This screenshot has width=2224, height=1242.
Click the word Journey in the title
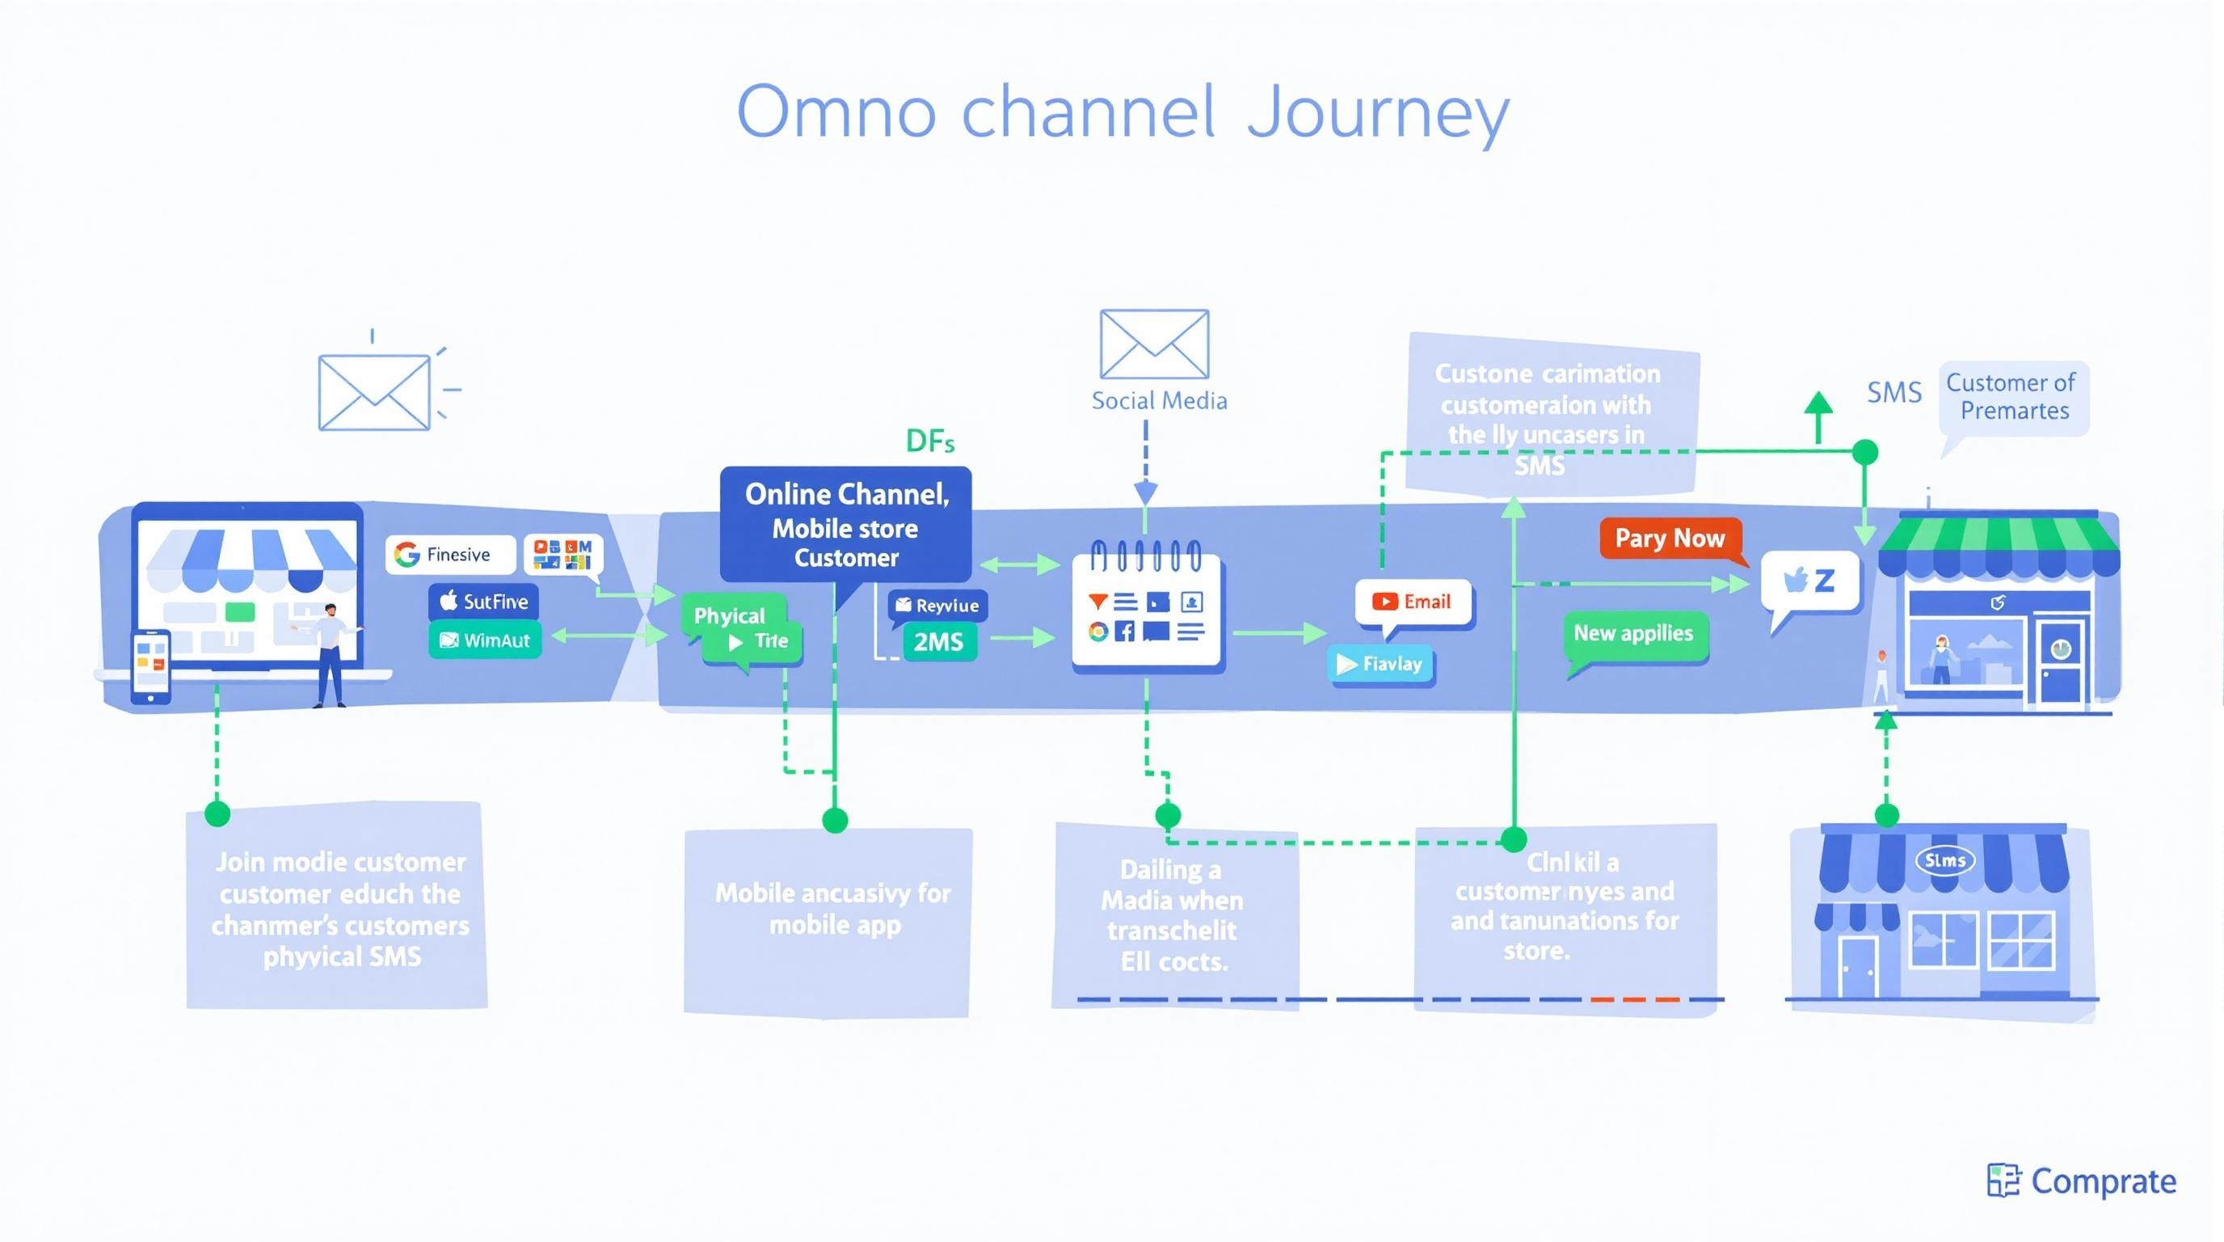click(1378, 112)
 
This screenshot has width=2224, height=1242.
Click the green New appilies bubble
click(1633, 634)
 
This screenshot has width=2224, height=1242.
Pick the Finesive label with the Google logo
click(450, 555)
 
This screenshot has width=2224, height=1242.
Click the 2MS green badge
click(938, 643)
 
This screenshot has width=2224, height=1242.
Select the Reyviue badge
click(937, 606)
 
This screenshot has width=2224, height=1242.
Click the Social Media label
click(1159, 401)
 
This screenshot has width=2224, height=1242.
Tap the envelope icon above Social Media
click(1154, 344)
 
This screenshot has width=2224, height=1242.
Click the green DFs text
click(930, 441)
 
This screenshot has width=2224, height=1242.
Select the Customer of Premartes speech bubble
click(2013, 397)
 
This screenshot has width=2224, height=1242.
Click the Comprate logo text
click(2101, 1181)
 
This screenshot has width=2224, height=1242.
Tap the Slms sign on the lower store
click(1944, 860)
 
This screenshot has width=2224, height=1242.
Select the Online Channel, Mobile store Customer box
click(846, 525)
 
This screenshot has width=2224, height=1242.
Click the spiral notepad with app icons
click(1146, 609)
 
